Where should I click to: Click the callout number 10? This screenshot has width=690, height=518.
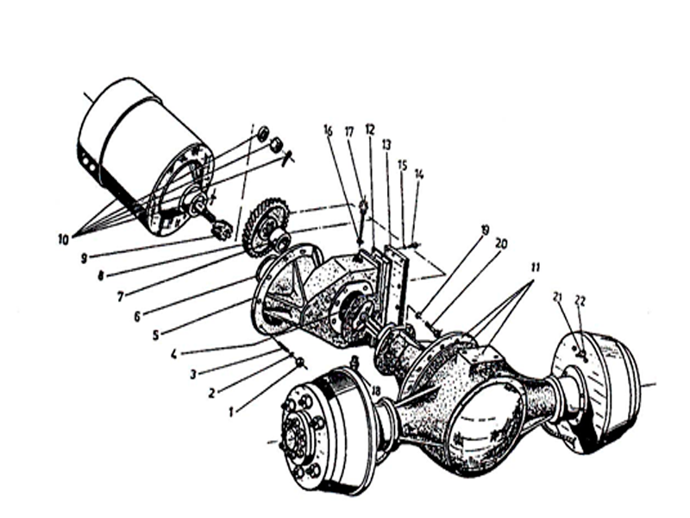pos(63,240)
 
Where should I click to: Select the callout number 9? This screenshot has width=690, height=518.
pos(84,258)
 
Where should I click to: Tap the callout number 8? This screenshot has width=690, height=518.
pos(101,276)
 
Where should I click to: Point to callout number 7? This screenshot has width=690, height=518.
pos(121,297)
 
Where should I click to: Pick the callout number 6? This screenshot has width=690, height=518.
pos(137,316)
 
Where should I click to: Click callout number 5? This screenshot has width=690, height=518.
pos(155,335)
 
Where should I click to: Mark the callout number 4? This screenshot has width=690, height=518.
pos(174,354)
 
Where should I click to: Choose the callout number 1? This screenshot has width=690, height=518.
pos(230,413)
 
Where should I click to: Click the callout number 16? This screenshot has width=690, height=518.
pos(329,130)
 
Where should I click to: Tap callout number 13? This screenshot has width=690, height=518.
pos(386,144)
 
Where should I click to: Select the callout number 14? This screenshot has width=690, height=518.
pos(419,175)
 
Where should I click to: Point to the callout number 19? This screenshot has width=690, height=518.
pos(485,230)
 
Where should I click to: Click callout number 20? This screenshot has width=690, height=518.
pos(501,243)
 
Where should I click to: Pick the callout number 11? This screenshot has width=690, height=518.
pos(535,268)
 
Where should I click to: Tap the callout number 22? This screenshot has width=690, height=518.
pos(580,301)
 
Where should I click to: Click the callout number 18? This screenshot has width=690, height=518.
pos(375,391)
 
